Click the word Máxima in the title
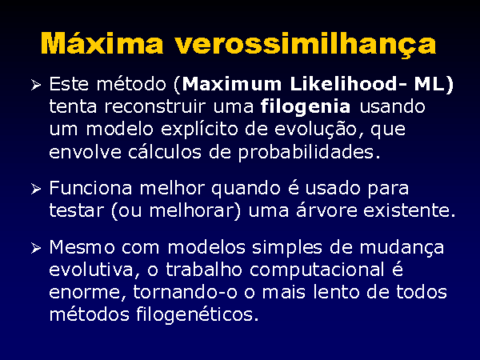pyautogui.click(x=102, y=43)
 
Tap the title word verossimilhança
pyautogui.click(x=306, y=45)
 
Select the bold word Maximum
pyautogui.click(x=232, y=84)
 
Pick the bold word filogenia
pyautogui.click(x=306, y=107)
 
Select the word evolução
pyautogui.click(x=315, y=130)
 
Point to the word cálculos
pyautogui.click(x=165, y=151)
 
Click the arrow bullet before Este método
pyautogui.click(x=36, y=85)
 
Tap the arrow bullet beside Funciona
pyautogui.click(x=36, y=189)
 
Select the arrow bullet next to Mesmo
pyautogui.click(x=36, y=248)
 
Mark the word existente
pyautogui.click(x=406, y=210)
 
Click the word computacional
pyautogui.click(x=317, y=270)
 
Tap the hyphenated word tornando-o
pyautogui.click(x=186, y=291)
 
